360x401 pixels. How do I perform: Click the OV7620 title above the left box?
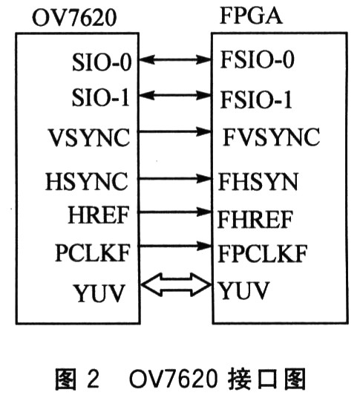click(74, 18)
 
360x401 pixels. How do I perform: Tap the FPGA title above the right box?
click(251, 16)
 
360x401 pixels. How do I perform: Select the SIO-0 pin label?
click(102, 62)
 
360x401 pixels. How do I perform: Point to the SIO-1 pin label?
click(100, 97)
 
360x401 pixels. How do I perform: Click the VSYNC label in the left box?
click(89, 137)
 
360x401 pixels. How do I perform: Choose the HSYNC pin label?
click(86, 181)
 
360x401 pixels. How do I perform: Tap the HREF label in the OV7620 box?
click(98, 215)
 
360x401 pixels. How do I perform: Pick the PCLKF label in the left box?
click(92, 252)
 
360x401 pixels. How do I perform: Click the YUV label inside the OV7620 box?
click(99, 293)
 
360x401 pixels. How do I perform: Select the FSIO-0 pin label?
click(257, 59)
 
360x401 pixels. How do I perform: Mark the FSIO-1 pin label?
click(255, 100)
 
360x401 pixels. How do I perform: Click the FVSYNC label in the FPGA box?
click(271, 137)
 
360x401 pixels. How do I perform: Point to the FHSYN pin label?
click(258, 181)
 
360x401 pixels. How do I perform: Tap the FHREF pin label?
click(255, 219)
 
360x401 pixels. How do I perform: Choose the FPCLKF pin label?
click(263, 254)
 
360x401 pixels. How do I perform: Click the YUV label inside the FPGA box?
click(243, 290)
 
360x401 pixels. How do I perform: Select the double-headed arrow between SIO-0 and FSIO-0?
click(175, 60)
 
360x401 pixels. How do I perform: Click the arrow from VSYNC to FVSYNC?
click(174, 132)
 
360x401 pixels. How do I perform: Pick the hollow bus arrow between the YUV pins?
click(176, 284)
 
